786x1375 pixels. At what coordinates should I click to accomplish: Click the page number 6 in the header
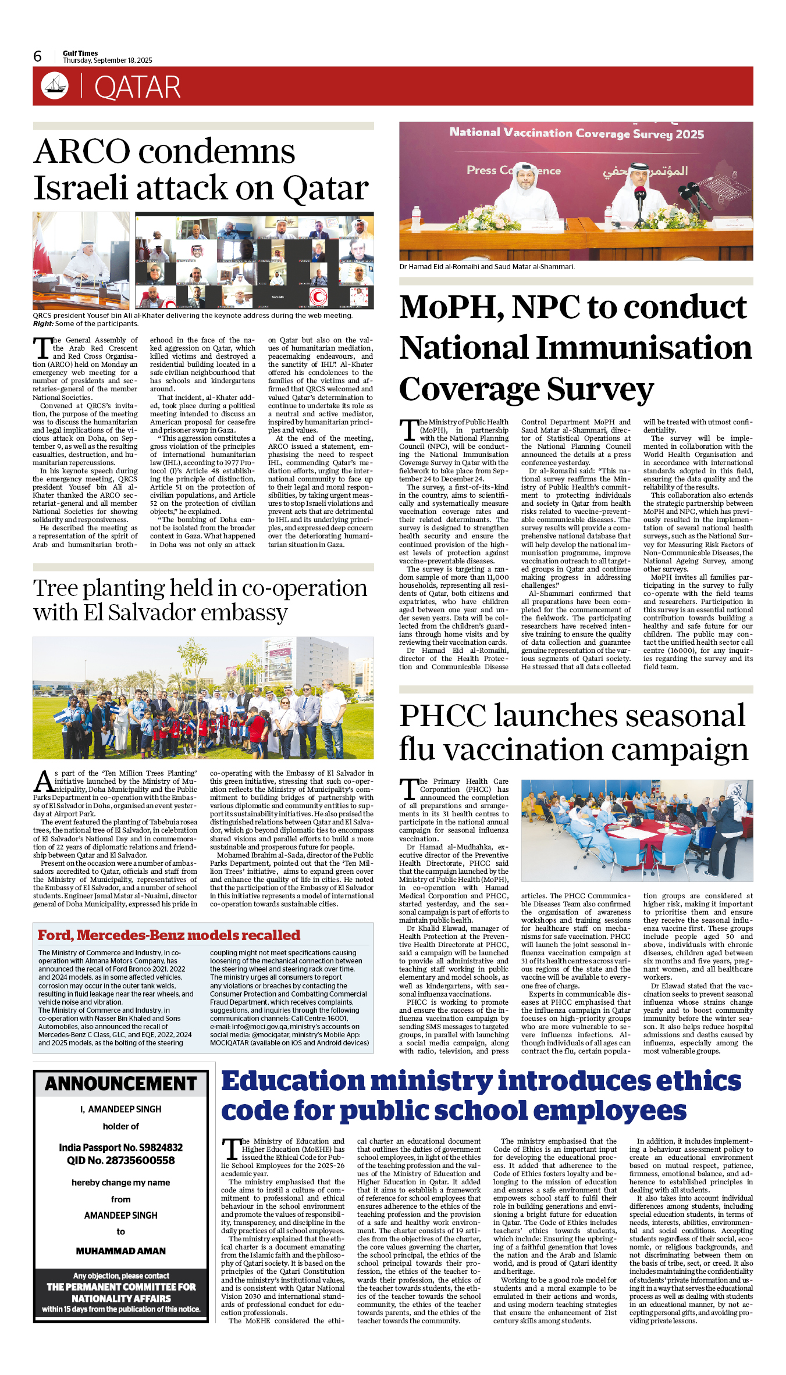point(38,56)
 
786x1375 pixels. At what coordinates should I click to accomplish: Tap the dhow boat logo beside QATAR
point(55,85)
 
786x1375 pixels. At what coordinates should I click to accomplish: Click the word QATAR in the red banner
point(137,87)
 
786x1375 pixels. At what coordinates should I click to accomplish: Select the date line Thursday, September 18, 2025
point(108,60)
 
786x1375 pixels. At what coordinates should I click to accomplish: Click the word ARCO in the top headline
point(83,152)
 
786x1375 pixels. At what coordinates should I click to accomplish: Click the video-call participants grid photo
point(254,260)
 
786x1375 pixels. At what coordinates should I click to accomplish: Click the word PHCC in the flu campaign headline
point(442,716)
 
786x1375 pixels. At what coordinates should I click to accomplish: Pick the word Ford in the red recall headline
point(55,935)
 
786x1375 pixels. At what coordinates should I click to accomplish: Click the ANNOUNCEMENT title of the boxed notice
point(121,1084)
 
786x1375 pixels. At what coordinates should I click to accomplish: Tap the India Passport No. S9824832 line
point(121,1148)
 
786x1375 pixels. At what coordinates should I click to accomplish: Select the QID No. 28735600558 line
point(121,1160)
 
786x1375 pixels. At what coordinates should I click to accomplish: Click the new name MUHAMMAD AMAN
point(121,1251)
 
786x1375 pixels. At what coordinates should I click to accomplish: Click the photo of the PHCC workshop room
point(636,831)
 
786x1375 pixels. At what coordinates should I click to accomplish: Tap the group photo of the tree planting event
point(203,698)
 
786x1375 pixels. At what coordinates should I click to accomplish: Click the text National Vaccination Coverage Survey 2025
point(577,134)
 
